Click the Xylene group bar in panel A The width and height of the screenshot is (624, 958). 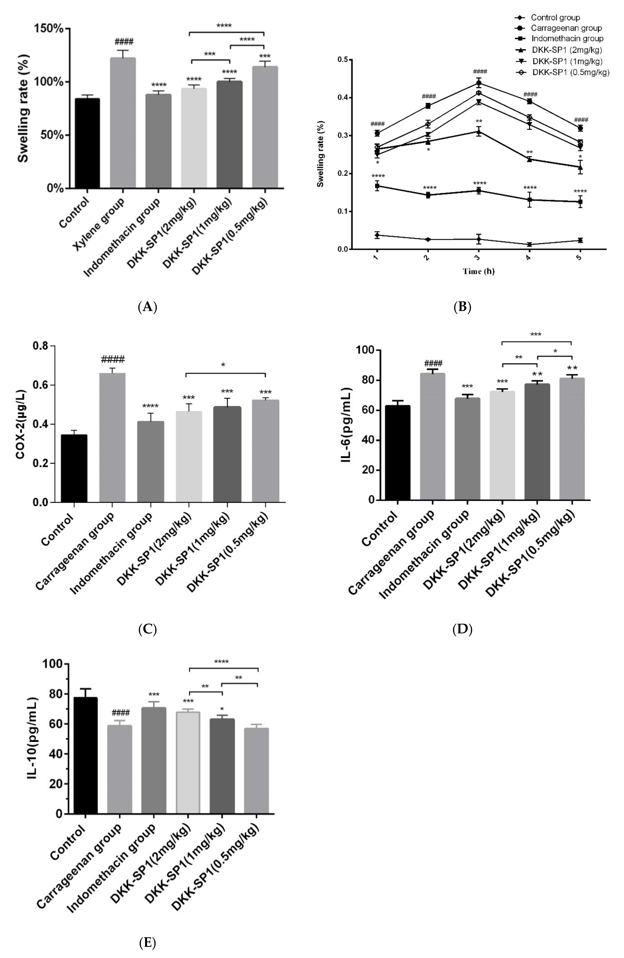pos(123,123)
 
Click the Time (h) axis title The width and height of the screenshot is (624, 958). pos(478,271)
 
